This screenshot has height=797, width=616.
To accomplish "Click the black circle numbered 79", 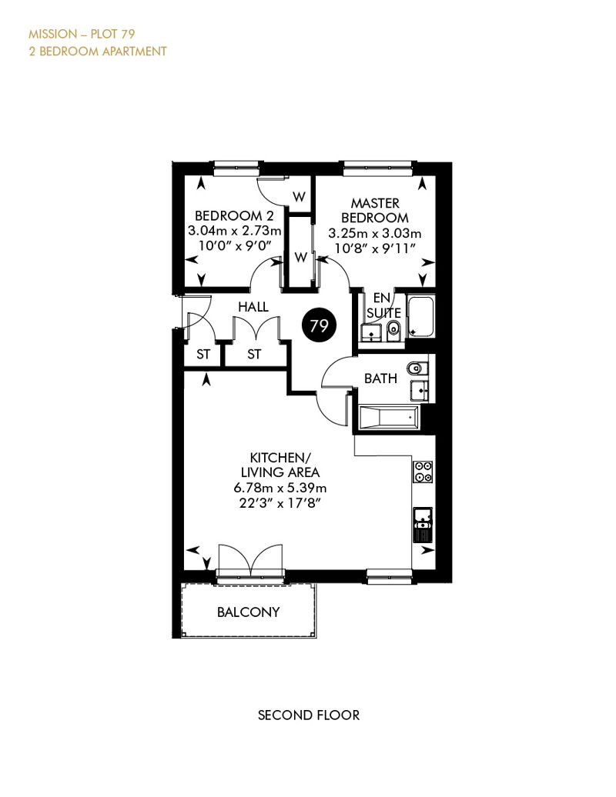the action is point(319,325).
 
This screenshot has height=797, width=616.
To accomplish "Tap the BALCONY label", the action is point(248,612).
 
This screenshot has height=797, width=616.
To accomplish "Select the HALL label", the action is point(253,307).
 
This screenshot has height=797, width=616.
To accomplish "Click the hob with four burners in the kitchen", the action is point(423,471).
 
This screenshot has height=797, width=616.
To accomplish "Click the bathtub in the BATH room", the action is point(389,418).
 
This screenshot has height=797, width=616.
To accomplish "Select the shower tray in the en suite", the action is point(421,317).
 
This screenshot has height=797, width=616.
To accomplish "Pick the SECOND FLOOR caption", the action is point(309,715).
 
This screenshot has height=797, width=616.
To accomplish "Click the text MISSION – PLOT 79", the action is point(82,34).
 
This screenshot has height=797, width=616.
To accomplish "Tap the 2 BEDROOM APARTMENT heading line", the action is point(98,52).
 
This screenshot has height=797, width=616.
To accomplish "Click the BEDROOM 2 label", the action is point(235,216).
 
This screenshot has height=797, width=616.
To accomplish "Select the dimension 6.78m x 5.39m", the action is point(280,488).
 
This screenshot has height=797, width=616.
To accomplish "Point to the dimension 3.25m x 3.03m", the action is point(375,234).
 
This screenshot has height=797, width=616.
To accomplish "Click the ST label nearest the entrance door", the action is point(203,355).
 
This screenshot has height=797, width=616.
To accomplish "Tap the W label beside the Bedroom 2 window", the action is point(299,196).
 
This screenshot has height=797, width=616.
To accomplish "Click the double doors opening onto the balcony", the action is point(250,561).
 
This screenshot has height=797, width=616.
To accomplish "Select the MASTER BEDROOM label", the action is point(375,211).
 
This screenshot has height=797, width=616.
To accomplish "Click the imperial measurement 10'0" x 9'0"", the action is point(235,245).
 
